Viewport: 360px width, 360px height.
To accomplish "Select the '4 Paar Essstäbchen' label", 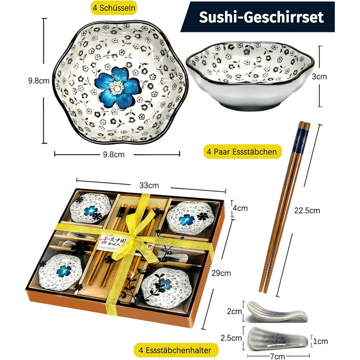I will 242,152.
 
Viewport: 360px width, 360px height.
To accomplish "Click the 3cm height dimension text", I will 320,76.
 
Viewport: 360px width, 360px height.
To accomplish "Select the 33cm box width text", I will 149,185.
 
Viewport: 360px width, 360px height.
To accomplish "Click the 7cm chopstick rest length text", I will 278,355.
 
